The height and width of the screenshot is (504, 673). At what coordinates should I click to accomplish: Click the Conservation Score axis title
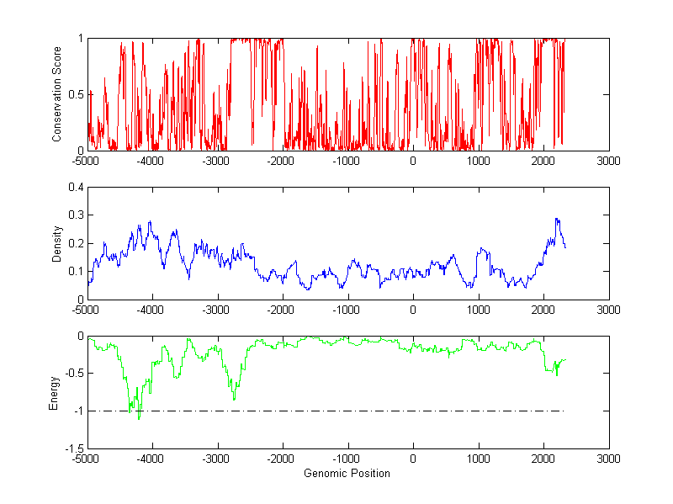57,93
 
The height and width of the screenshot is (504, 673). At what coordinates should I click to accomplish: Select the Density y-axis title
57,243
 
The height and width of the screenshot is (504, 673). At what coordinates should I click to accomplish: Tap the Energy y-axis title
54,392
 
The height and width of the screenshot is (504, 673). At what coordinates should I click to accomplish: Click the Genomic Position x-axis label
347,474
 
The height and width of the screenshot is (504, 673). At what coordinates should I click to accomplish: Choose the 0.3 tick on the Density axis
76,215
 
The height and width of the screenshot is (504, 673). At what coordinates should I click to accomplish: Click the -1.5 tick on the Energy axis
73,448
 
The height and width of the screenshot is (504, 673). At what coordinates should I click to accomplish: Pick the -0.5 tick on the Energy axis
73,374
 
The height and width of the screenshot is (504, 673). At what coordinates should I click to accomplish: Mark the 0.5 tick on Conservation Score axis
76,94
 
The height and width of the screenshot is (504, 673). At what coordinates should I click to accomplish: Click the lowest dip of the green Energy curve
139,418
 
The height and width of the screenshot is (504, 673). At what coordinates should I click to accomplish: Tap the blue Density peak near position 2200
556,219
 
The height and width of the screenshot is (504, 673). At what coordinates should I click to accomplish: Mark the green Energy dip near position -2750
234,399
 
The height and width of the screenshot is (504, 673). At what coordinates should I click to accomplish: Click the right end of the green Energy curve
566,359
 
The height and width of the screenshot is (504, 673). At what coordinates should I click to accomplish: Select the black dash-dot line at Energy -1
336,411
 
